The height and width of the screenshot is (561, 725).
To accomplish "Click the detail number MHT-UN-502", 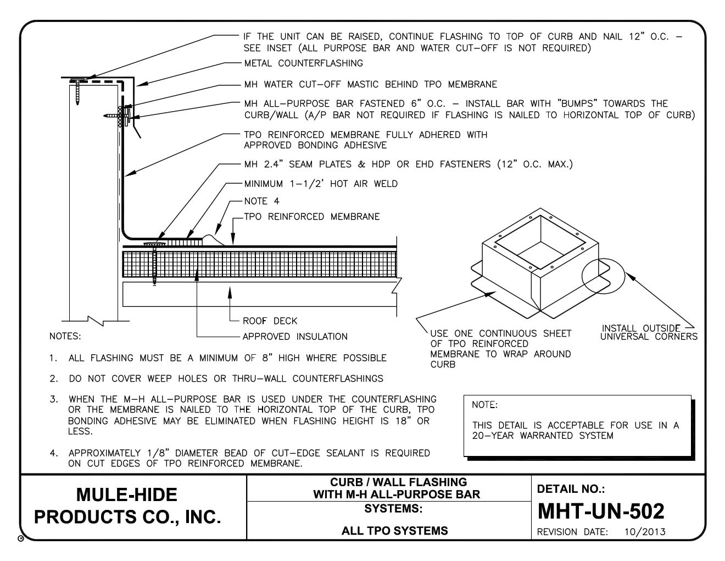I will coord(600,512).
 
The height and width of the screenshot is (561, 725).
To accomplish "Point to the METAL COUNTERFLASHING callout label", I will coord(304,63).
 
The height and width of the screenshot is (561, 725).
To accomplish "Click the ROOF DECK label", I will coord(270,321).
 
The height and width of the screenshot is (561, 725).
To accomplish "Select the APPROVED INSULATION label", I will coord(295,337).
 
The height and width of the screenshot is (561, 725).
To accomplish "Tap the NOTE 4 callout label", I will coord(261,201).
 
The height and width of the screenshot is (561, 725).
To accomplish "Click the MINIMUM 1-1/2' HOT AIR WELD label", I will coord(321,184).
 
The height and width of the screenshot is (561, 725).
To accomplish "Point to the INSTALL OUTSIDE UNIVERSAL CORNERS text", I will coord(648,333).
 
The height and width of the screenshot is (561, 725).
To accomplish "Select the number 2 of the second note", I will coord(53,378).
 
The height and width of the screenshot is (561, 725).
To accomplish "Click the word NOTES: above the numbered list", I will coord(65,336).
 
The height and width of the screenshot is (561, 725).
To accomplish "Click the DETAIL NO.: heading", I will coord(571,489).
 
